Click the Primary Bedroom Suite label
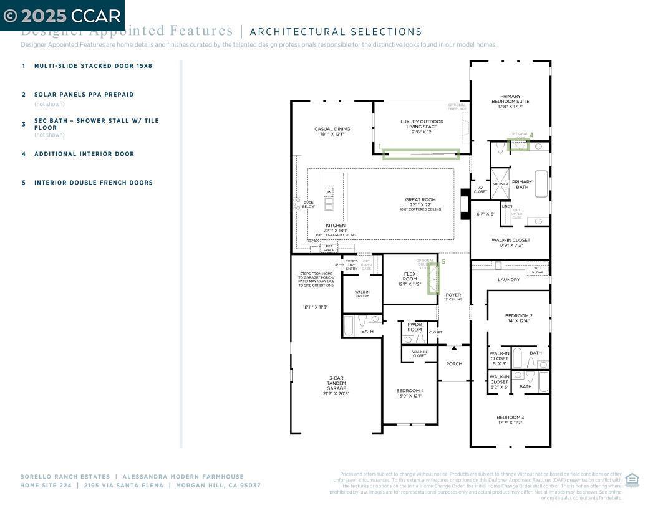pyautogui.click(x=510, y=101)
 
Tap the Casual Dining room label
pyautogui.click(x=332, y=132)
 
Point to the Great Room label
pyautogui.click(x=420, y=203)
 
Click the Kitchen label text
pyautogui.click(x=336, y=226)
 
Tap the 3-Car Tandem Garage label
pyautogui.click(x=336, y=385)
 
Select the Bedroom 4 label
pyautogui.click(x=410, y=393)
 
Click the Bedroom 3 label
pyautogui.click(x=510, y=419)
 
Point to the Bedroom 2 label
pyautogui.click(x=518, y=318)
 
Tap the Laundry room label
pyautogui.click(x=509, y=280)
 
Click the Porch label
pyautogui.click(x=454, y=364)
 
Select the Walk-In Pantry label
pyautogui.click(x=362, y=294)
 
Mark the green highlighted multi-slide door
pyautogui.click(x=421, y=154)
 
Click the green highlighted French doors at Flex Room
pyautogui.click(x=433, y=278)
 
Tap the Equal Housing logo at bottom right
pyautogui.click(x=632, y=479)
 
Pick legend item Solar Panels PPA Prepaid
pyautogui.click(x=84, y=95)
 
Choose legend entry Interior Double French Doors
pyautogui.click(x=93, y=183)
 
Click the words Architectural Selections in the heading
pyautogui.click(x=336, y=32)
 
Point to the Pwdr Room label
pyautogui.click(x=415, y=327)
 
